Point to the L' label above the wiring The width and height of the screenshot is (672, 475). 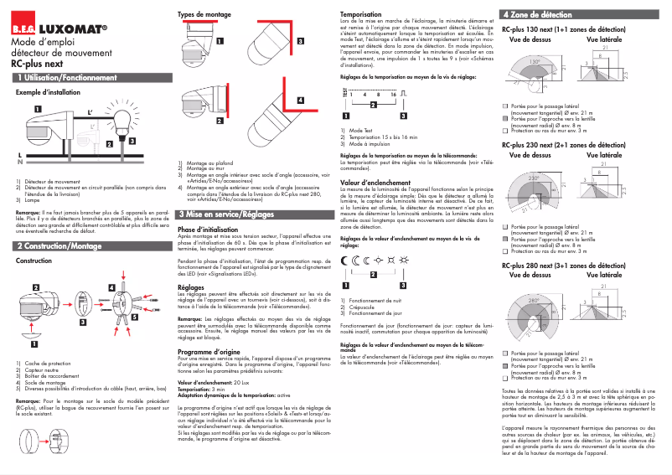click(90, 111)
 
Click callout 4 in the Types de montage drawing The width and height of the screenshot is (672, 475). click(300, 99)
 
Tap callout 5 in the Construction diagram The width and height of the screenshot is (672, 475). click(134, 318)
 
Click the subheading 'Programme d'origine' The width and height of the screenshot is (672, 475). click(209, 354)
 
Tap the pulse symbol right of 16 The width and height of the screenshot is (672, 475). click(403, 91)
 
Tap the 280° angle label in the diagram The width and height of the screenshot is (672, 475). click(533, 299)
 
